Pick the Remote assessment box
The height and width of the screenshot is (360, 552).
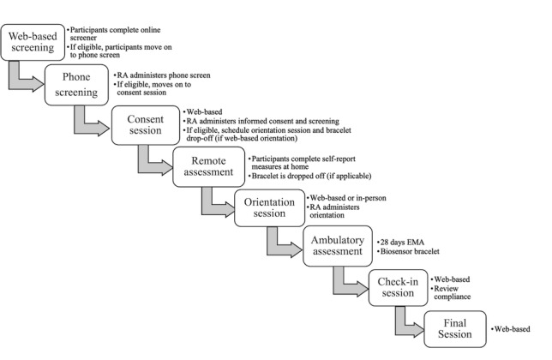(x=207, y=165)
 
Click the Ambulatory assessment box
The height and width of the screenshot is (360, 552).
(x=335, y=247)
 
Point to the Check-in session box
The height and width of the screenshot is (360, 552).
(x=397, y=288)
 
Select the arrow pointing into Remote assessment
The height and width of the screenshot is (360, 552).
(x=153, y=162)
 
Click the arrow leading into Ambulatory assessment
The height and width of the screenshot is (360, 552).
(x=280, y=243)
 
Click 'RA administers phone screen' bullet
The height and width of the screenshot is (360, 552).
(x=163, y=75)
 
